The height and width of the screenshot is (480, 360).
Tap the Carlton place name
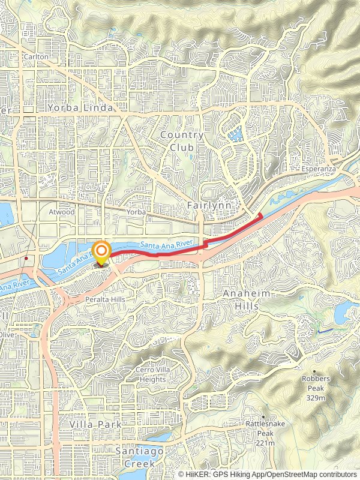(34, 57)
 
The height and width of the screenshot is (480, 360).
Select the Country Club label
(182, 141)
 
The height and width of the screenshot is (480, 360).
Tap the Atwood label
(62, 212)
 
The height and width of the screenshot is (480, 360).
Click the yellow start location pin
(102, 251)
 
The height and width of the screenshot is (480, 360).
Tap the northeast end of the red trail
(259, 214)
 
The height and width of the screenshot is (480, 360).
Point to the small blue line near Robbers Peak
(325, 331)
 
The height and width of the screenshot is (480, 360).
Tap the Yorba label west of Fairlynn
(137, 212)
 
